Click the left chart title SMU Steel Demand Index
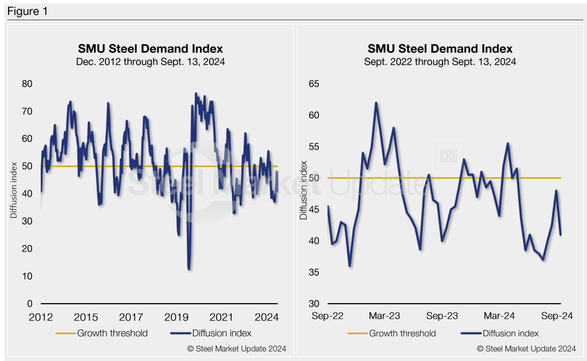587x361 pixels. pos(150,48)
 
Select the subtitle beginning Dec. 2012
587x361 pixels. pos(150,62)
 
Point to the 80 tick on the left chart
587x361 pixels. pos(27,84)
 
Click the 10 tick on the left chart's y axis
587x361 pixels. pos(27,276)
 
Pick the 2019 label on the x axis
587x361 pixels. pos(177,317)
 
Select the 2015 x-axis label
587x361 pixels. pos(86,317)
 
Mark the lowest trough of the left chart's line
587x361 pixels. pos(189,269)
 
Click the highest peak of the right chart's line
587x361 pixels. pos(376,103)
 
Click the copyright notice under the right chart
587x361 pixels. pos(527,348)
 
